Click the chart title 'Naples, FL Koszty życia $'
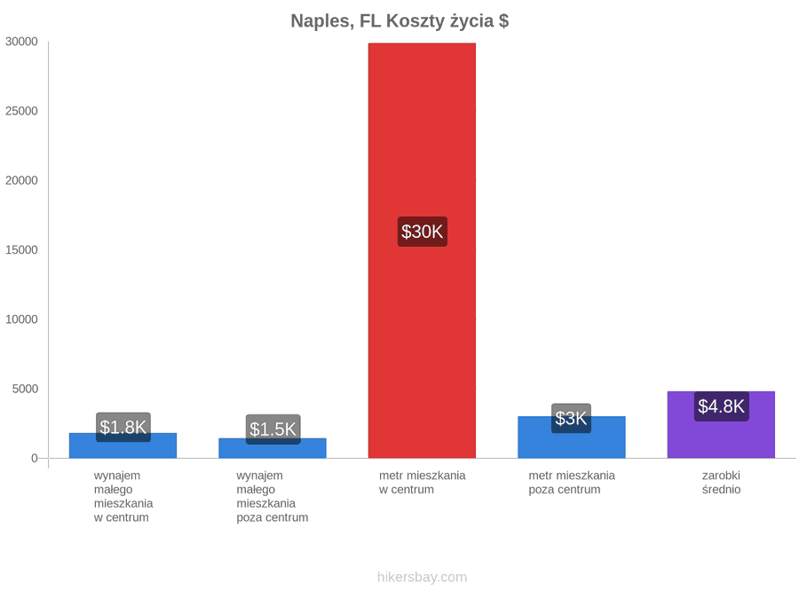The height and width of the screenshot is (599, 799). pyautogui.click(x=399, y=21)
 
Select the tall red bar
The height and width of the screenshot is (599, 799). pyautogui.click(x=422, y=250)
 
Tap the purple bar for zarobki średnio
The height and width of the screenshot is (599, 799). pyautogui.click(x=721, y=425)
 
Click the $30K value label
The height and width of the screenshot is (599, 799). pyautogui.click(x=423, y=232)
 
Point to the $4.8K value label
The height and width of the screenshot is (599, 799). pyautogui.click(x=722, y=406)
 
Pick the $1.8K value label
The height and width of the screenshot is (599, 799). pyautogui.click(x=123, y=428)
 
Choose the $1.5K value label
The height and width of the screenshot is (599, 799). pyautogui.click(x=273, y=430)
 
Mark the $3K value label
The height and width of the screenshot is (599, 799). pyautogui.click(x=571, y=418)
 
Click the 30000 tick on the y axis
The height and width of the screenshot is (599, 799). pyautogui.click(x=21, y=42)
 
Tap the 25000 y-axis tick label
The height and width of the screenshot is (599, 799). pyautogui.click(x=21, y=111)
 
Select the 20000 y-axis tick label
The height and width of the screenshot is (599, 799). pyautogui.click(x=21, y=180)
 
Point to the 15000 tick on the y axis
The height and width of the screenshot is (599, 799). pyautogui.click(x=21, y=250)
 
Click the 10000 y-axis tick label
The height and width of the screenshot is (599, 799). pyautogui.click(x=21, y=319)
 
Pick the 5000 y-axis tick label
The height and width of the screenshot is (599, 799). pyautogui.click(x=25, y=390)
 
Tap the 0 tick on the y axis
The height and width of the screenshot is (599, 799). pyautogui.click(x=35, y=459)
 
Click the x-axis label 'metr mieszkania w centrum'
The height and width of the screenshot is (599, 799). pyautogui.click(x=422, y=483)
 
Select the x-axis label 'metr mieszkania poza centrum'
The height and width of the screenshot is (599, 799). pyautogui.click(x=572, y=483)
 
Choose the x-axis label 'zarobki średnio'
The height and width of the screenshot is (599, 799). pyautogui.click(x=721, y=483)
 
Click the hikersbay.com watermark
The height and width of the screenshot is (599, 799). pyautogui.click(x=422, y=577)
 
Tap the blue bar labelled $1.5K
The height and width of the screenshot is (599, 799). pyautogui.click(x=273, y=448)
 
